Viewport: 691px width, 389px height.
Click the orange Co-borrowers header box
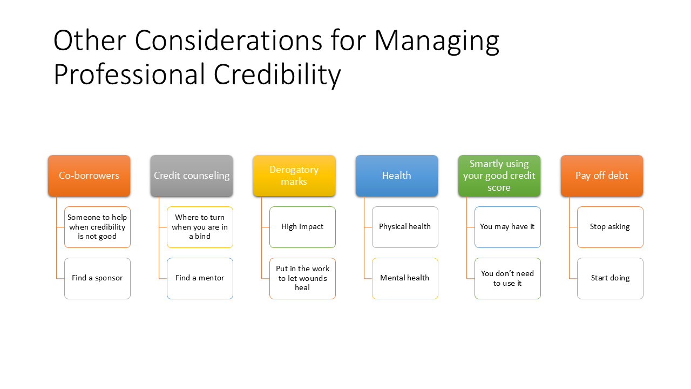(89, 176)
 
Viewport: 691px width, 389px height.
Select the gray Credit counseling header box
(192, 176)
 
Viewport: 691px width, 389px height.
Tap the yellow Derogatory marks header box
(294, 176)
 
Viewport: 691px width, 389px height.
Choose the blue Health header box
(397, 176)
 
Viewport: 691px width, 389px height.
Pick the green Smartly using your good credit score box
(499, 176)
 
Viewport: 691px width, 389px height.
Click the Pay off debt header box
(602, 176)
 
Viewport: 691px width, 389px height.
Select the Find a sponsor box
(98, 278)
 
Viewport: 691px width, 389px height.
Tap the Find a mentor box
(200, 278)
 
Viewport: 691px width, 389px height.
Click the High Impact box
(303, 227)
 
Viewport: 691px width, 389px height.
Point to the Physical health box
(405, 227)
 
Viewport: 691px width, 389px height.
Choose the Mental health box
(405, 278)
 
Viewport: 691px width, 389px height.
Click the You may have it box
(508, 227)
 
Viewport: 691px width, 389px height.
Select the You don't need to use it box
(508, 278)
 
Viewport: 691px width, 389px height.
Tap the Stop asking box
(610, 227)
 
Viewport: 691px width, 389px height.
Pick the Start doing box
(610, 278)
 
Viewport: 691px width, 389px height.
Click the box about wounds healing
(303, 278)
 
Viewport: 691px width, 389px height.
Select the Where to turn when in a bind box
(200, 227)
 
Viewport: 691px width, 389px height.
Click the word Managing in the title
(437, 42)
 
